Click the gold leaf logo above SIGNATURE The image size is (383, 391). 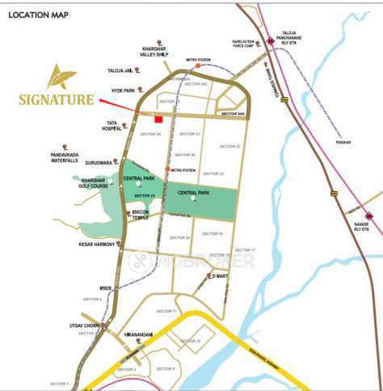tap(61, 79)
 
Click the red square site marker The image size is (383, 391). tap(158, 119)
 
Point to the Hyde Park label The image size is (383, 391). tap(124, 91)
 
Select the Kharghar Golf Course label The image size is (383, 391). tap(95, 183)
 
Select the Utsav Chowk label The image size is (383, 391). tap(83, 325)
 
